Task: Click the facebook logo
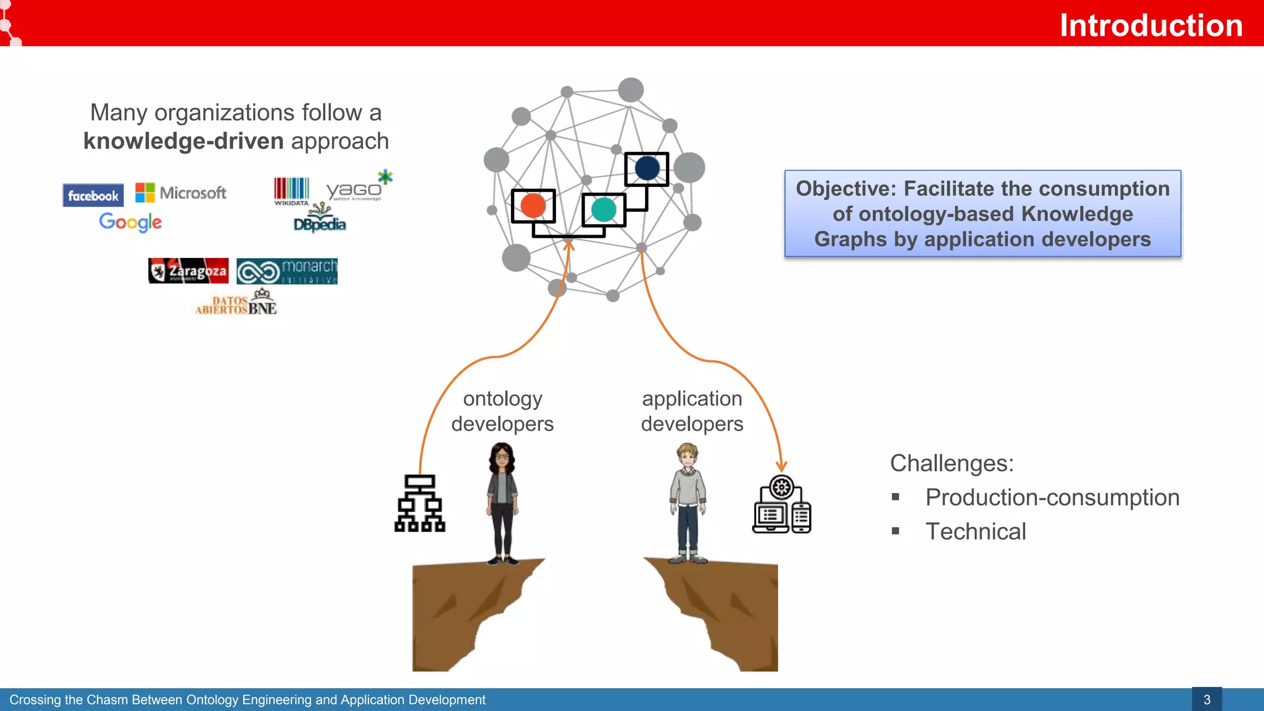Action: [x=93, y=196]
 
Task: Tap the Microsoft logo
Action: [x=181, y=193]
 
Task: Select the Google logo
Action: [x=130, y=222]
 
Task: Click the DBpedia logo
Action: [x=320, y=221]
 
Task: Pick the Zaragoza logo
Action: [x=188, y=271]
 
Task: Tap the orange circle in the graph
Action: [x=533, y=206]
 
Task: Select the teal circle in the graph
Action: [x=604, y=209]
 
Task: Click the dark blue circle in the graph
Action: [x=647, y=168]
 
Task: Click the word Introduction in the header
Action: [x=1150, y=25]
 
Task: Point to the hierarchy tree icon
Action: [x=420, y=503]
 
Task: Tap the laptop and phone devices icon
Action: [x=781, y=505]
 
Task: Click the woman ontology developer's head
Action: [x=502, y=457]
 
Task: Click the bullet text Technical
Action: [x=975, y=531]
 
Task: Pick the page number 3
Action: [x=1207, y=699]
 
